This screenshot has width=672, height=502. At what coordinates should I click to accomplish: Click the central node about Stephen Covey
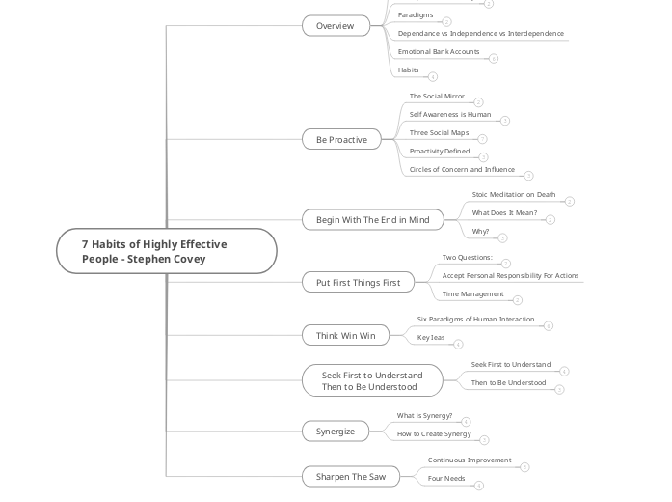pyautogui.click(x=166, y=252)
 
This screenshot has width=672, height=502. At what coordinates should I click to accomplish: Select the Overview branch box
pyautogui.click(x=336, y=26)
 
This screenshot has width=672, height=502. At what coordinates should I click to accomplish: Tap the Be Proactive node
pyautogui.click(x=341, y=140)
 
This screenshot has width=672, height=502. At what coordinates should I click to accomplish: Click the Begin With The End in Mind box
pyautogui.click(x=372, y=220)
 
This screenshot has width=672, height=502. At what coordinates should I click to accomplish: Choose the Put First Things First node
pyautogui.click(x=358, y=283)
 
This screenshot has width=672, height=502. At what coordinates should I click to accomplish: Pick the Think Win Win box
pyautogui.click(x=345, y=335)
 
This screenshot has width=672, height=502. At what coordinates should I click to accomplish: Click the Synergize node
pyautogui.click(x=336, y=432)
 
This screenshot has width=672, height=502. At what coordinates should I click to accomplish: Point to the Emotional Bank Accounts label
pyautogui.click(x=438, y=52)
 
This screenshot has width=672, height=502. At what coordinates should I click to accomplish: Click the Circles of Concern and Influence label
pyautogui.click(x=462, y=170)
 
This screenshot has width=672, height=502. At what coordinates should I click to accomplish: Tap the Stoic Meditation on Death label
pyautogui.click(x=513, y=195)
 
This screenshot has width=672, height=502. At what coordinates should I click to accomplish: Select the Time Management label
pyautogui.click(x=472, y=294)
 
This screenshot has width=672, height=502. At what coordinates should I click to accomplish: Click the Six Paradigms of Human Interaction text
pyautogui.click(x=475, y=320)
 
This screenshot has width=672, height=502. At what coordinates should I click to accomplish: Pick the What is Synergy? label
pyautogui.click(x=424, y=416)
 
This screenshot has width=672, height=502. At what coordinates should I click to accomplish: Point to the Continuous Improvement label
pyautogui.click(x=469, y=460)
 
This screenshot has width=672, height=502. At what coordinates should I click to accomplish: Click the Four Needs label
pyautogui.click(x=446, y=479)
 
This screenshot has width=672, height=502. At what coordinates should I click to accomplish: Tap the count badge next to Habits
pyautogui.click(x=433, y=76)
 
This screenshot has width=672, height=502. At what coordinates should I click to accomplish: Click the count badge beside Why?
pyautogui.click(x=502, y=237)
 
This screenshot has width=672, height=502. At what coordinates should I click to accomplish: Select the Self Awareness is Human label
pyautogui.click(x=449, y=115)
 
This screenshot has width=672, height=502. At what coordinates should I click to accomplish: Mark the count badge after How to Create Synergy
pyautogui.click(x=484, y=439)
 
